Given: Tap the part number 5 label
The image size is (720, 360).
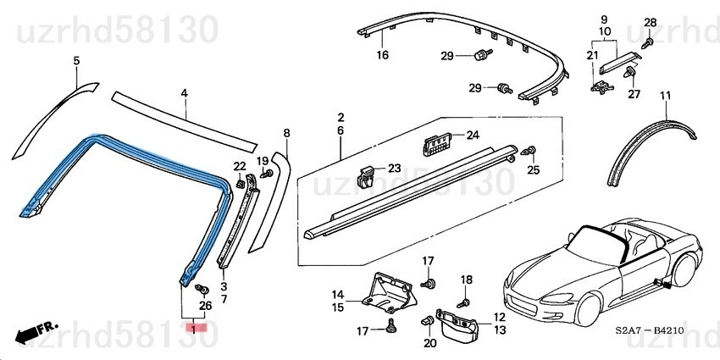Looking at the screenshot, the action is pyautogui.click(x=77, y=60).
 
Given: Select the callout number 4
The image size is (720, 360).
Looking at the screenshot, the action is pyautogui.click(x=184, y=93).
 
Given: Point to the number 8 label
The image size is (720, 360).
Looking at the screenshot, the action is pyautogui.click(x=287, y=133).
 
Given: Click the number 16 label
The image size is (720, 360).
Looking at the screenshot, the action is pyautogui.click(x=383, y=56).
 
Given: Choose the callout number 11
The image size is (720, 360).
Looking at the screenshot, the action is pyautogui.click(x=665, y=96).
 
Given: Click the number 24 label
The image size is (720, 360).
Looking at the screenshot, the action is pyautogui.click(x=473, y=135).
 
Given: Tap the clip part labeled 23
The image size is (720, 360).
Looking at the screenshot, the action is pyautogui.click(x=366, y=175).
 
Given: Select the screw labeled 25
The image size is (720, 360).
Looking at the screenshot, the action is pyautogui.click(x=529, y=151).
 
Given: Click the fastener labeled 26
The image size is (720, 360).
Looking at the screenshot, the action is pyautogui.click(x=202, y=290).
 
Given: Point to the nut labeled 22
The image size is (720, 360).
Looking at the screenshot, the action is pyautogui.click(x=239, y=184).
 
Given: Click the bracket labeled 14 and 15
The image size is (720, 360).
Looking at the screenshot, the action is pyautogui.click(x=389, y=295).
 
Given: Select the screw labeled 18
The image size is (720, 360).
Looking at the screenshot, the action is pyautogui.click(x=463, y=303).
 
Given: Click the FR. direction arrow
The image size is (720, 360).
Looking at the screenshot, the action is pyautogui.click(x=35, y=331).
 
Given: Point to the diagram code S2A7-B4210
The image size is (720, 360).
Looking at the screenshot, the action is pyautogui.click(x=650, y=330).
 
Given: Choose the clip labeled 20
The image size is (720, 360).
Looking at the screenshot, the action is pyautogui.click(x=427, y=320).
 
